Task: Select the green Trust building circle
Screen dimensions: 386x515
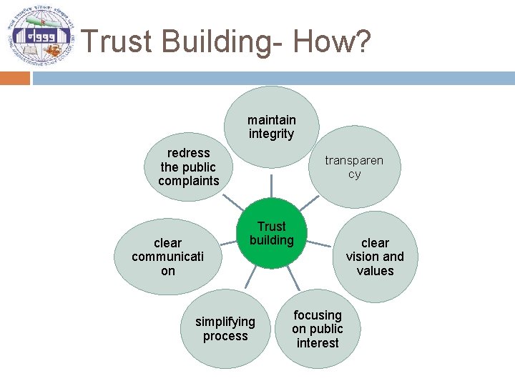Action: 271,234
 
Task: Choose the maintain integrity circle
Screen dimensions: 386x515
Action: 271,127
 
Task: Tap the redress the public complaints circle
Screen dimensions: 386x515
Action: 189,167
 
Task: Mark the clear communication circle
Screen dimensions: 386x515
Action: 168,257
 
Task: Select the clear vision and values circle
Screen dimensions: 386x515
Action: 375,257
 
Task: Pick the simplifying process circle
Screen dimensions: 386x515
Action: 225,329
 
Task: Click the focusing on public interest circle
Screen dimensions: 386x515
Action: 318,329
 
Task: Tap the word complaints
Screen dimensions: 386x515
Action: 189,181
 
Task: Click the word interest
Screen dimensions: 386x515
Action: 318,343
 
